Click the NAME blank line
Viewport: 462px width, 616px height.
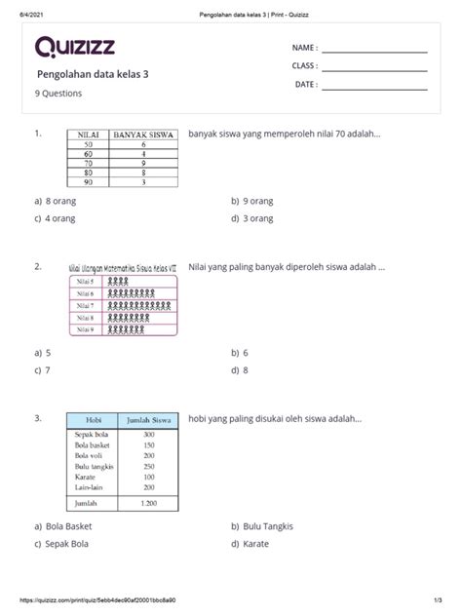click(374, 51)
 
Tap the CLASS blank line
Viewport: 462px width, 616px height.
click(374, 69)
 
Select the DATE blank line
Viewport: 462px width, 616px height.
click(374, 89)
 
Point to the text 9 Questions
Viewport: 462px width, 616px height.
click(59, 94)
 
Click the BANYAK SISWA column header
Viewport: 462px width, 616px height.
click(142, 135)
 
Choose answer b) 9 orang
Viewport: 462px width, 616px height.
click(256, 200)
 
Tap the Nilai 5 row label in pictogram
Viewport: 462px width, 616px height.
click(85, 281)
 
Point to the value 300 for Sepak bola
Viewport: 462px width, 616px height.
click(148, 435)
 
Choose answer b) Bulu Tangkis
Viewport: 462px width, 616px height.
click(262, 527)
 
